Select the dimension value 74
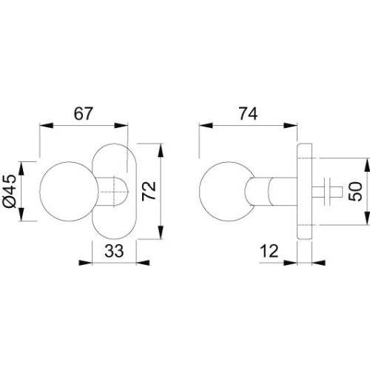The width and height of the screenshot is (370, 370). (251, 113)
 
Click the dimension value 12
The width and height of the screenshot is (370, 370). (269, 252)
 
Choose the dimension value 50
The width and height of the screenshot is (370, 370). (355, 192)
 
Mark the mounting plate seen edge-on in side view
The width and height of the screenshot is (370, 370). (304, 192)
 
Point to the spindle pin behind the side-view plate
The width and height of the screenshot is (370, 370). (326, 192)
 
